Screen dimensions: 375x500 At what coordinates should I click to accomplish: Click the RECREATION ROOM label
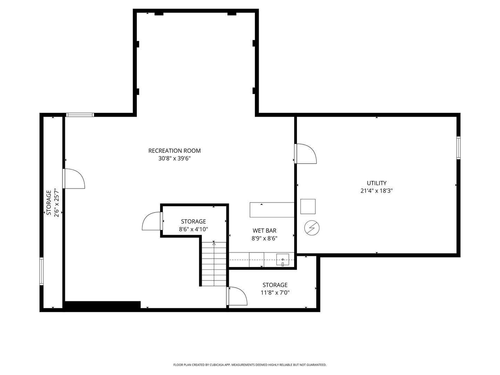[x=174, y=151]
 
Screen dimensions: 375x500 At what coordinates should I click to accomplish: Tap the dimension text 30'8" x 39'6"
[x=174, y=159]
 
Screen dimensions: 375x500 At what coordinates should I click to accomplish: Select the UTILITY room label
[x=376, y=183]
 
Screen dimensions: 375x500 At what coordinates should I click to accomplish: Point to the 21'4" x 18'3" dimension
[x=376, y=191]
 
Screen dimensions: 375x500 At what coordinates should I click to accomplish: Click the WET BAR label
[x=264, y=231]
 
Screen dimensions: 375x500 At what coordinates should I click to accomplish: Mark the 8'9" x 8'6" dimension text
[x=264, y=238]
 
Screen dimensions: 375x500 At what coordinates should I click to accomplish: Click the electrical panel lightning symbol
[x=312, y=228]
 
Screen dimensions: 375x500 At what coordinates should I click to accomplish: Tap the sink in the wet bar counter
[x=283, y=259]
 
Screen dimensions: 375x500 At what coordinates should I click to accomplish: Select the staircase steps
[x=214, y=264]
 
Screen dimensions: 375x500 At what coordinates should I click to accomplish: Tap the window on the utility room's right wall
[x=458, y=148]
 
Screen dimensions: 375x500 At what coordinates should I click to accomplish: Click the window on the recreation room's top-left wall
[x=80, y=115]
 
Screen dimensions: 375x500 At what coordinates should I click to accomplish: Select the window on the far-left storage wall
[x=42, y=271]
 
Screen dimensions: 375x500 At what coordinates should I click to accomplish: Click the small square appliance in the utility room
[x=308, y=207]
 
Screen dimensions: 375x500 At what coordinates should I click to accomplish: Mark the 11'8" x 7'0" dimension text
[x=275, y=293]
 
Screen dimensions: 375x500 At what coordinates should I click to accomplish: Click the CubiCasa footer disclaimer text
[x=250, y=365]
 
